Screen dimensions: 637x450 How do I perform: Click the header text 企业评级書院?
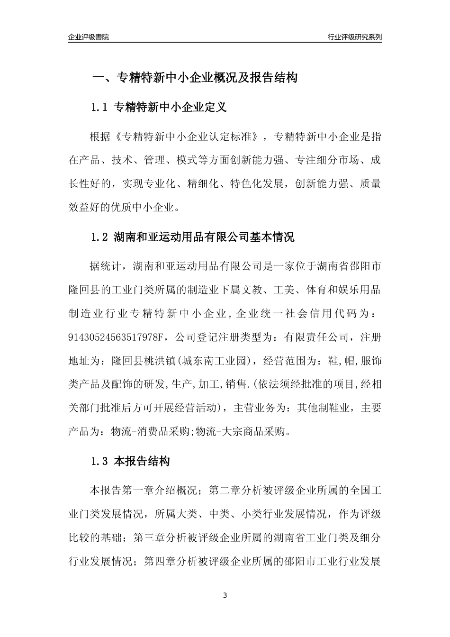(89, 37)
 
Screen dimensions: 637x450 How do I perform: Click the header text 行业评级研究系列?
(354, 37)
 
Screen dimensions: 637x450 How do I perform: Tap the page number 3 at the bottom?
(225, 595)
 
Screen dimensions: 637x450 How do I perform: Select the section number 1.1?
(99, 108)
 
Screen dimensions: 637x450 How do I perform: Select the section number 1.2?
(99, 237)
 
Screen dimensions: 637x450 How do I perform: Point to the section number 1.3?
(99, 461)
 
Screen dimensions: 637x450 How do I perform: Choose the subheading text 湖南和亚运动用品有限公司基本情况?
(204, 237)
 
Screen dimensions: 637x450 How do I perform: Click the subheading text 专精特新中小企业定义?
(171, 108)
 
